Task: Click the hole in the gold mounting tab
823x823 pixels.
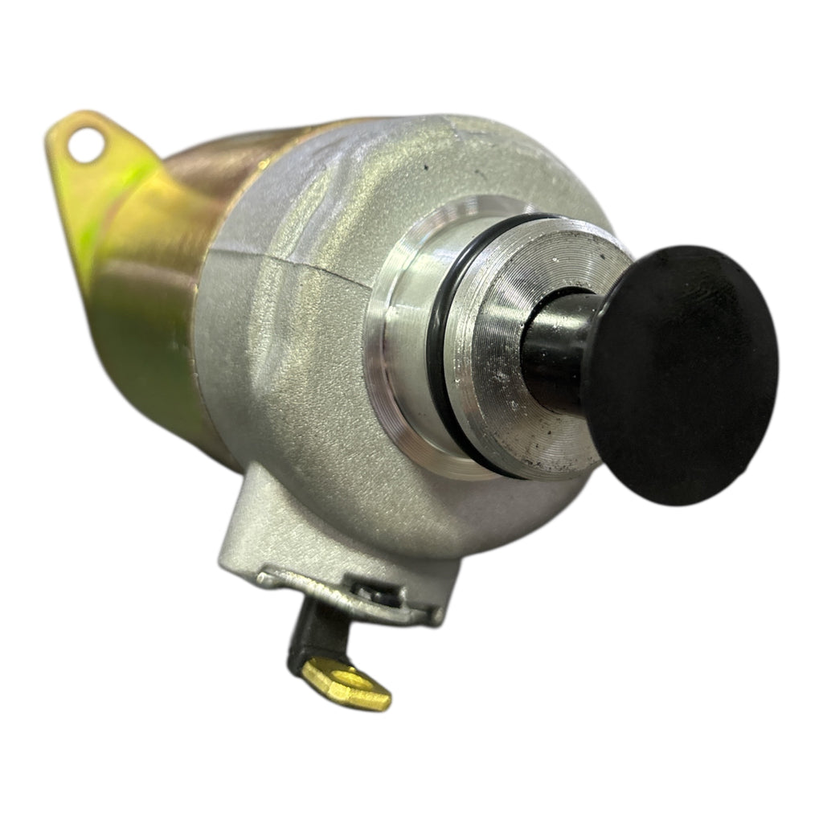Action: click(85, 146)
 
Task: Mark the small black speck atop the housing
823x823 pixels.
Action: click(424, 168)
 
